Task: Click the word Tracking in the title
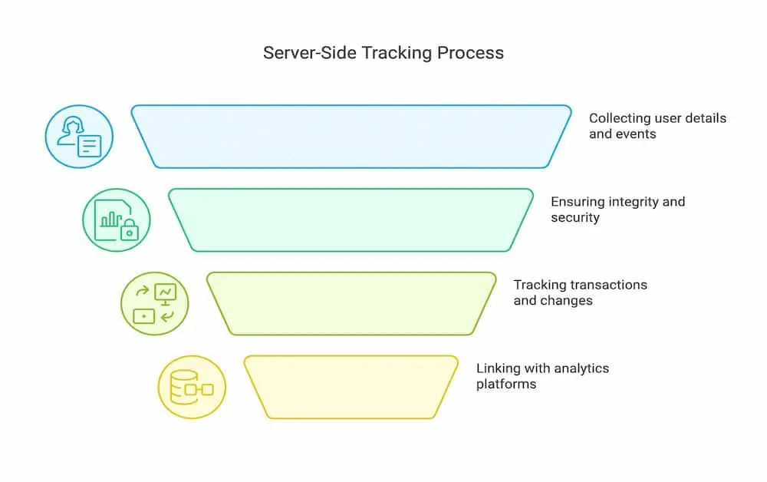[x=397, y=53]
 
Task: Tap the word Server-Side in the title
[x=310, y=53]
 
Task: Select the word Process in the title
[x=471, y=53]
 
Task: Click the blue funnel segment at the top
[x=351, y=137]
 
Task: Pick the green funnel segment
[x=351, y=220]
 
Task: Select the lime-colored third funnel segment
[x=351, y=304]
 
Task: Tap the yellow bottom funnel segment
[x=351, y=387]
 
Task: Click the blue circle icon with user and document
[x=79, y=137]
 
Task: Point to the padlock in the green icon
[x=129, y=230]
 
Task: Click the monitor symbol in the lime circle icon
[x=166, y=294]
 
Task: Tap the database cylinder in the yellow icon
[x=183, y=387]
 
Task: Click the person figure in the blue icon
[x=71, y=131]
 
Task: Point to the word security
[x=575, y=218]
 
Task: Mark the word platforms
[x=506, y=385]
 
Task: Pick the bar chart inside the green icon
[x=111, y=219]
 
